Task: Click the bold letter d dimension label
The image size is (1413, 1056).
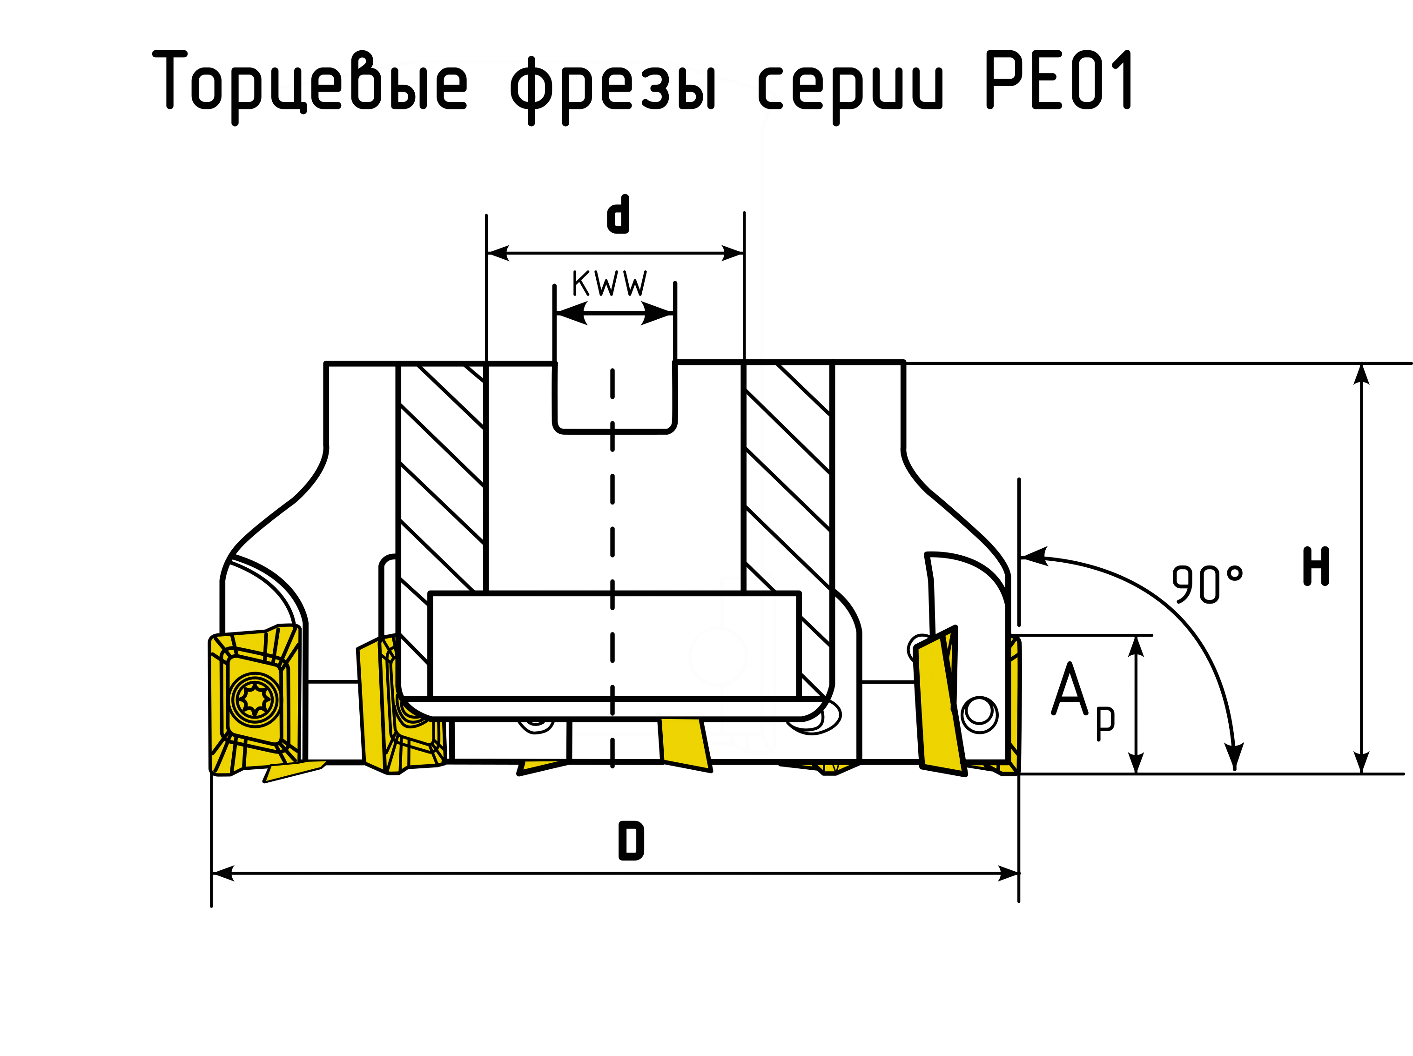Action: coord(617,215)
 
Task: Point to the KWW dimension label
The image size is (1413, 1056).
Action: coord(609,283)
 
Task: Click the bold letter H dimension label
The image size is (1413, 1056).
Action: coord(1316,567)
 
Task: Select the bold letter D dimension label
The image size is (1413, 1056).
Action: coord(631,842)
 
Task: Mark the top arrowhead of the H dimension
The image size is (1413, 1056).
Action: coord(1361,374)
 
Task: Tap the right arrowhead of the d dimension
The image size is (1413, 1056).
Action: coord(733,253)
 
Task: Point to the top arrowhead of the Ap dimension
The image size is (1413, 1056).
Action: coord(1135,646)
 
